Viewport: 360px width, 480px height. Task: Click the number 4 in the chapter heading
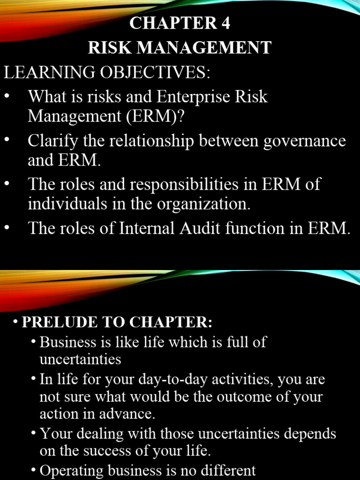[x=225, y=23]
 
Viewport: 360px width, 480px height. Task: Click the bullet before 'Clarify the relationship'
[x=7, y=141]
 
